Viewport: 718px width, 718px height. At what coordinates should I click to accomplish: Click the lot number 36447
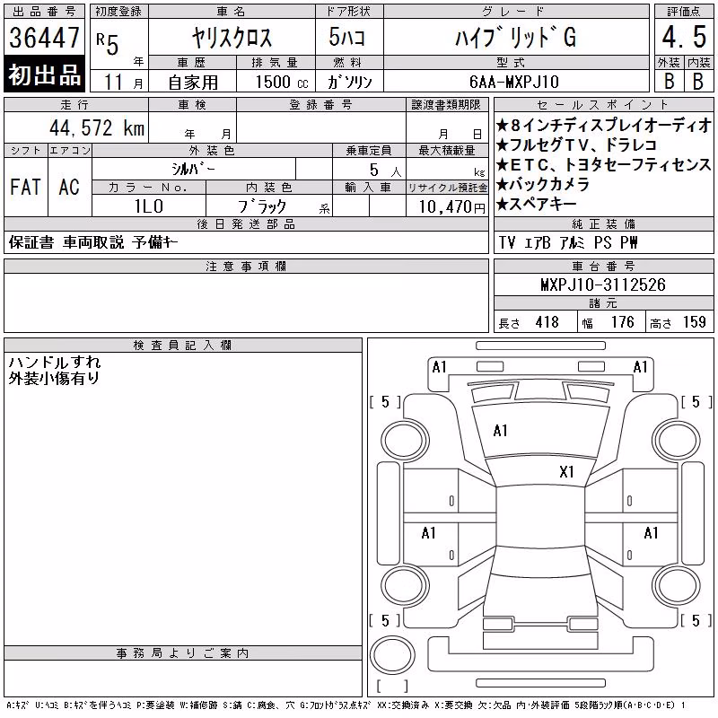point(44,38)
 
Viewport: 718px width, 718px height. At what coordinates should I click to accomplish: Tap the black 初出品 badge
point(44,74)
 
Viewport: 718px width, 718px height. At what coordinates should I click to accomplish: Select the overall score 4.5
point(684,37)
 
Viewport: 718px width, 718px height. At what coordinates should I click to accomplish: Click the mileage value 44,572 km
point(97,127)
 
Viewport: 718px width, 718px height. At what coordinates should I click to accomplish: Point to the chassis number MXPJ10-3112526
point(603,285)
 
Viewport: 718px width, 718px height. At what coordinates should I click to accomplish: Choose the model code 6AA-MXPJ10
point(514,82)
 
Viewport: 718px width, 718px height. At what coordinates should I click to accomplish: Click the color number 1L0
point(149,206)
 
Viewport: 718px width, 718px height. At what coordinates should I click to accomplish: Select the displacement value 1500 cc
point(282,82)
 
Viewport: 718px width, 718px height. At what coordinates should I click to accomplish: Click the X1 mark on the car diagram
point(566,472)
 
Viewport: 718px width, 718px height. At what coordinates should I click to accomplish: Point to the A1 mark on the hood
point(500,431)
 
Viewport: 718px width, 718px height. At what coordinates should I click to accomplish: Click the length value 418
point(547,322)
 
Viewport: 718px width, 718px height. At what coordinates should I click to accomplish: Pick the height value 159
point(694,322)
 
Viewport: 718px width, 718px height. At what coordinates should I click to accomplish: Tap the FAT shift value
point(26,187)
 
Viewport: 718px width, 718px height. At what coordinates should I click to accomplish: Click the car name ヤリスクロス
point(232,38)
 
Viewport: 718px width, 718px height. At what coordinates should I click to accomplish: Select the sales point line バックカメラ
point(543,184)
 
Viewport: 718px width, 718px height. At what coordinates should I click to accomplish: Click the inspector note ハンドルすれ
point(55,363)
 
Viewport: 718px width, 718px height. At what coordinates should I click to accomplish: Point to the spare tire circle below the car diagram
point(392,655)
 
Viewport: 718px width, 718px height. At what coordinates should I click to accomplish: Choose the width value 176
point(622,322)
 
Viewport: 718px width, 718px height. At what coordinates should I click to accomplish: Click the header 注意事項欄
point(246,266)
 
